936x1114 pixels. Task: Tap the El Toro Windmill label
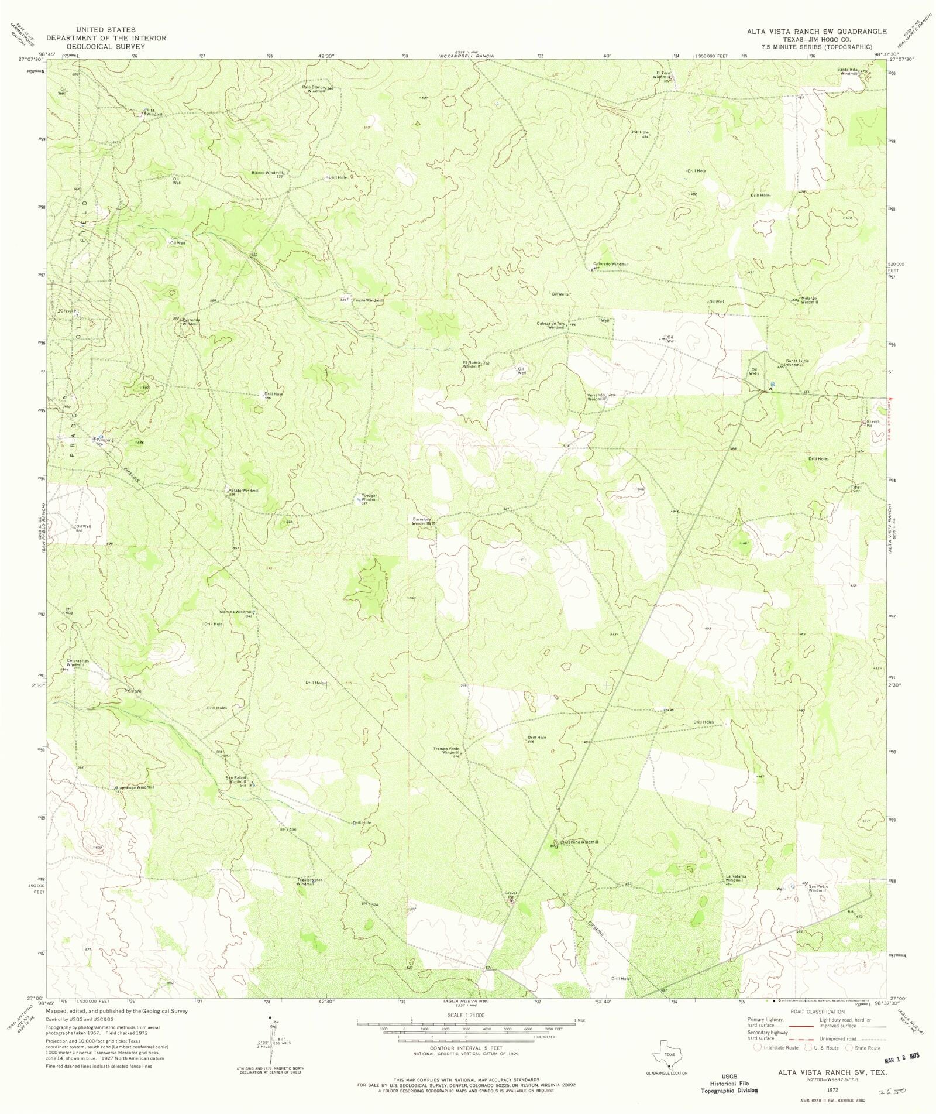(661, 76)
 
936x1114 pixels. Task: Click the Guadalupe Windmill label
(135, 787)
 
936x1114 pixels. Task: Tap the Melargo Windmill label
(809, 300)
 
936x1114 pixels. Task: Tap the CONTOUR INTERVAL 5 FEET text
(467, 1048)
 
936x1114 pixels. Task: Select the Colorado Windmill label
(611, 264)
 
